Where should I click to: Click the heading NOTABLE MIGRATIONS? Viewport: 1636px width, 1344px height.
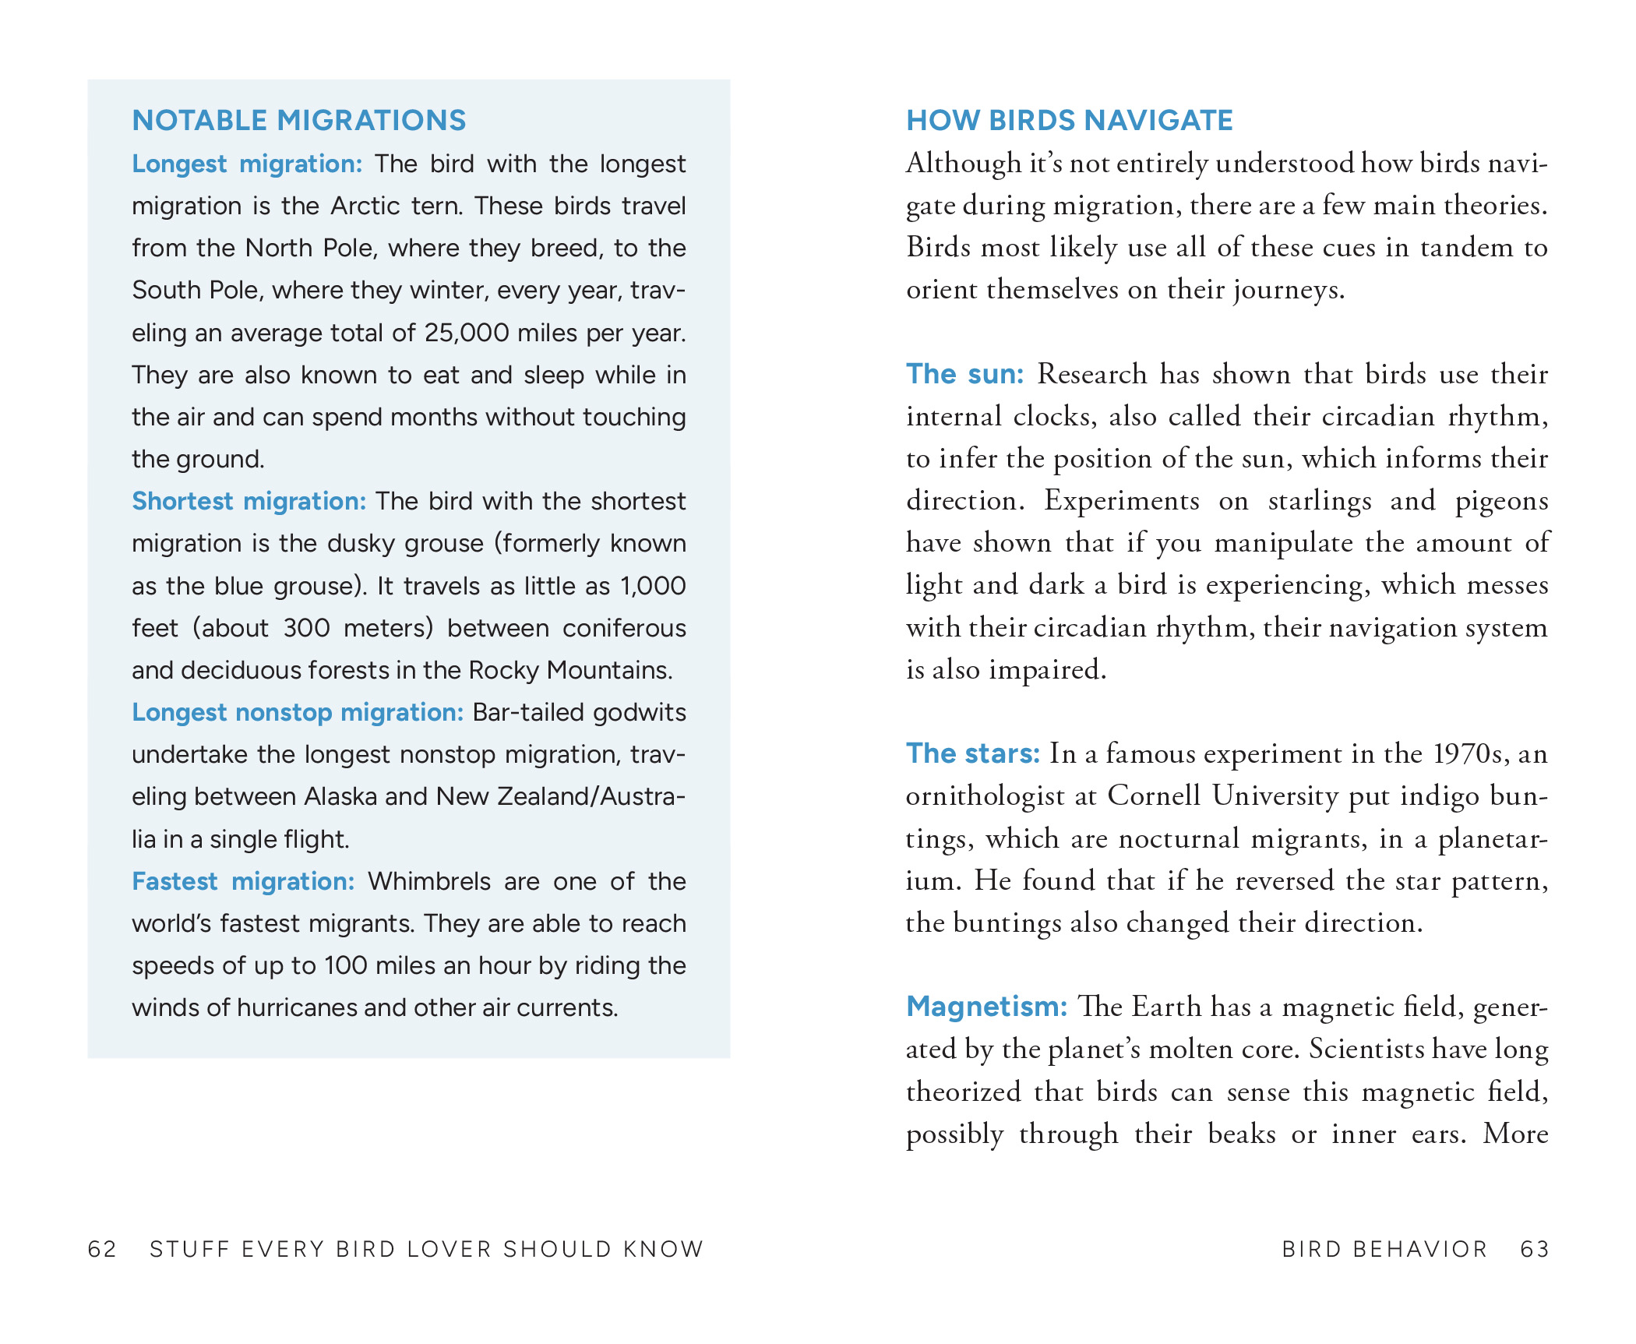click(x=299, y=121)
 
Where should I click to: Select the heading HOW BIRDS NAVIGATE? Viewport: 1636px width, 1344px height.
click(x=1070, y=121)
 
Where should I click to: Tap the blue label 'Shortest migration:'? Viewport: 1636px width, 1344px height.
click(x=249, y=501)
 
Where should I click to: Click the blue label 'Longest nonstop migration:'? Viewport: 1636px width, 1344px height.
click(x=298, y=712)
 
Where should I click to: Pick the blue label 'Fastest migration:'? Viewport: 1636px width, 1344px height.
click(x=243, y=881)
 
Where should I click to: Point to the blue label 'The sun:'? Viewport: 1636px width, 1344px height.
click(x=964, y=374)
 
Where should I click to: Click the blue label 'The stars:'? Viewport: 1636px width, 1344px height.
click(x=972, y=753)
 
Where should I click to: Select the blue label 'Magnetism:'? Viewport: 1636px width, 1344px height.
click(x=986, y=1007)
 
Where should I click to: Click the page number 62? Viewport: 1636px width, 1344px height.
click(x=102, y=1249)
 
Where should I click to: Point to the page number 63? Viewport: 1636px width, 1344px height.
click(x=1535, y=1249)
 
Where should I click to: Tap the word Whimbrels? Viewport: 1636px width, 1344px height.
click(x=429, y=881)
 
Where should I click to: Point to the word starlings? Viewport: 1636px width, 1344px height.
click(x=1320, y=501)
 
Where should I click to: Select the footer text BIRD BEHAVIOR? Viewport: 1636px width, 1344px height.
click(x=1384, y=1249)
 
